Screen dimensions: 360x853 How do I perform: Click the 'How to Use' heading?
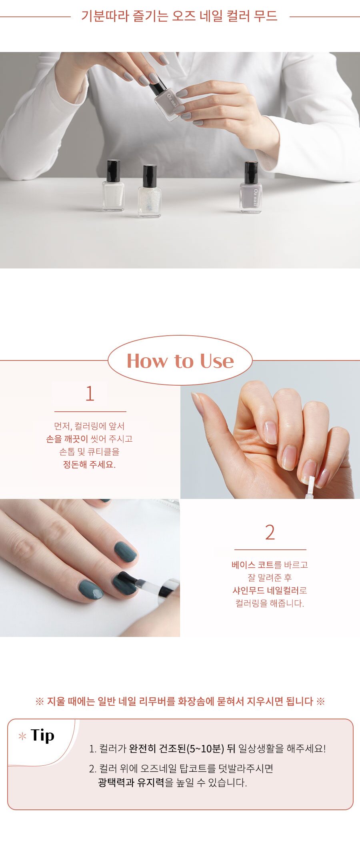click(x=180, y=361)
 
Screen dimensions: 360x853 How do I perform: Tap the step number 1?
click(x=90, y=394)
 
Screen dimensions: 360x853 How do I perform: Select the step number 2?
click(x=270, y=533)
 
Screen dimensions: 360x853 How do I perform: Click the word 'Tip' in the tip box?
click(x=42, y=736)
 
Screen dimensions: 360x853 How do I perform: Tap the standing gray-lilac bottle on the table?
click(x=251, y=187)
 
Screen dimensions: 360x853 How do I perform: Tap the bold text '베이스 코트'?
click(x=252, y=565)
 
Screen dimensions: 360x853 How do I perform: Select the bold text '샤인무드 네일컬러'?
click(x=266, y=590)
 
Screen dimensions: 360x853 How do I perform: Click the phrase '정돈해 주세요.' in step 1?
click(x=89, y=464)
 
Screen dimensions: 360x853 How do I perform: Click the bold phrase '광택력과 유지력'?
click(x=131, y=782)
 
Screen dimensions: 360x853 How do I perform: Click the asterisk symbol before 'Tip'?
click(x=22, y=736)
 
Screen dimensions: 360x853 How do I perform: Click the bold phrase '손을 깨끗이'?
click(x=67, y=439)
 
